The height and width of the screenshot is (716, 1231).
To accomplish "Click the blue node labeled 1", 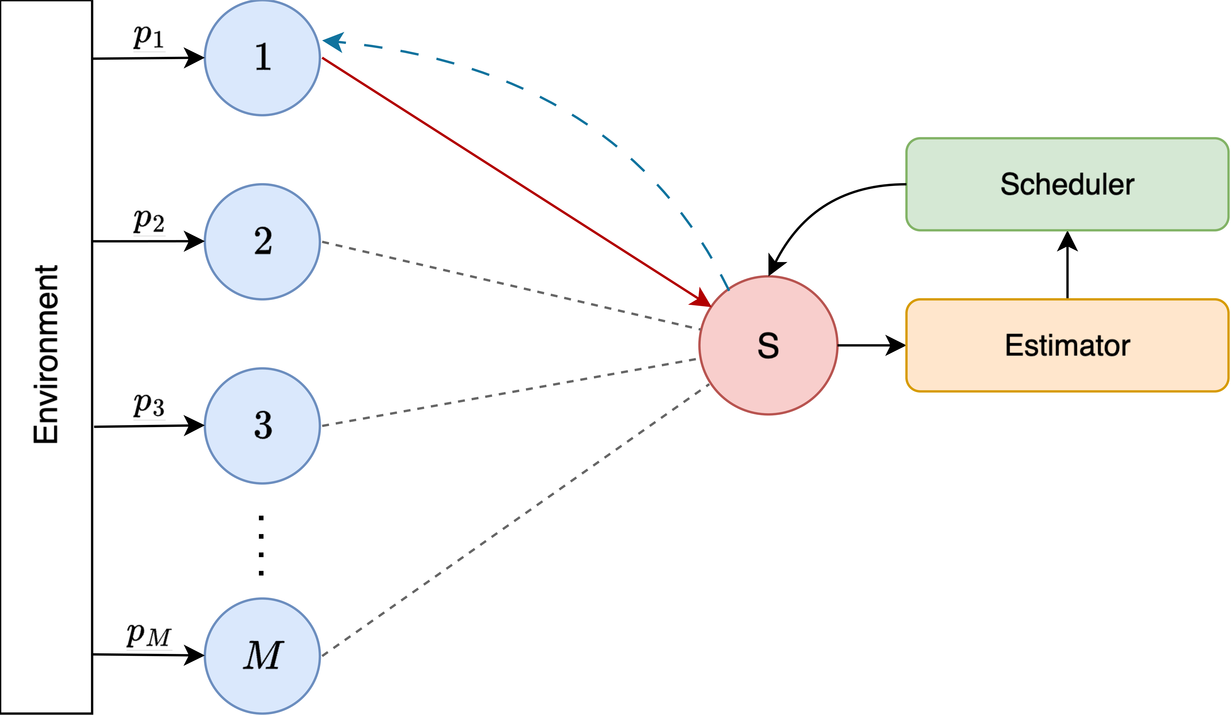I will (262, 58).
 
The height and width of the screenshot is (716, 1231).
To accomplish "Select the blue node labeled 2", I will (262, 241).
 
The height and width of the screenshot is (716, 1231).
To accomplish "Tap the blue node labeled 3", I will (262, 425).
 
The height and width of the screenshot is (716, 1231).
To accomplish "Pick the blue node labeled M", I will (262, 655).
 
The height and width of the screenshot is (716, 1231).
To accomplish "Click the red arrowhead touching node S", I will (701, 298).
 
